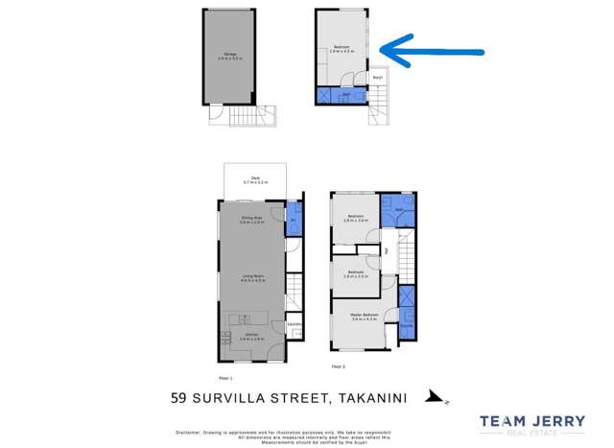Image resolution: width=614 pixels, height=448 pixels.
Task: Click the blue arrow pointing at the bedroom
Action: pos(432,51)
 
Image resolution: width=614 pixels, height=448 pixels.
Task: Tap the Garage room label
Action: pos(227,55)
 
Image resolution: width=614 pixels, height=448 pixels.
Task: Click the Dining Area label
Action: pos(251,220)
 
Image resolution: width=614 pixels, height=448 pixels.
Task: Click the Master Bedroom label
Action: pos(364,316)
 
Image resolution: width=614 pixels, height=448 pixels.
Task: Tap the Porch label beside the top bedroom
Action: pos(379,77)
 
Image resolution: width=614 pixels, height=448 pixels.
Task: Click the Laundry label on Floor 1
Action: pos(294,324)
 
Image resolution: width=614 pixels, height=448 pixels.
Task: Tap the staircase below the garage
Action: pos(251,116)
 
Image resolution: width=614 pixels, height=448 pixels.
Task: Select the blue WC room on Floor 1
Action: pos(294,220)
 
